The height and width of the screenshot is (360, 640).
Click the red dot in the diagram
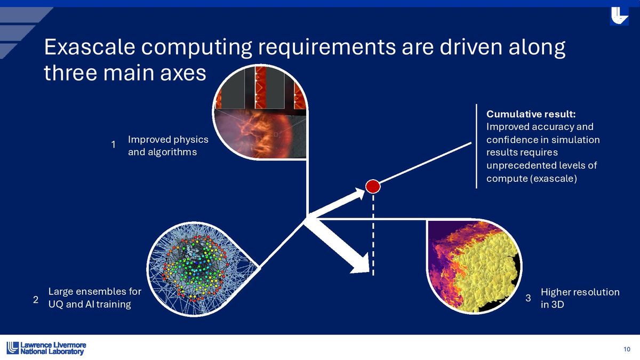pyautogui.click(x=373, y=186)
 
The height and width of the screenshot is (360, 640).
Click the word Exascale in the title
pyautogui.click(x=90, y=47)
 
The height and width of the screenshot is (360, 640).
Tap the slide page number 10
pyautogui.click(x=627, y=349)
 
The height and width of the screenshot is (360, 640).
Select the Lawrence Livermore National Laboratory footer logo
pyautogui.click(x=46, y=348)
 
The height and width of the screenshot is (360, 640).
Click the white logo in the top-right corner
pyautogui.click(x=619, y=16)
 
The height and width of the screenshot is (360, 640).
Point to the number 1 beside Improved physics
pyautogui.click(x=114, y=145)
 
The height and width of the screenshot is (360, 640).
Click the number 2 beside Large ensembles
pyautogui.click(x=35, y=299)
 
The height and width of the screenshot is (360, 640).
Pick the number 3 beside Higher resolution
pyautogui.click(x=529, y=298)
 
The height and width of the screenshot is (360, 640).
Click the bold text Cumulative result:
pyautogui.click(x=531, y=114)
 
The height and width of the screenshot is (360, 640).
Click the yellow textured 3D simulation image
pyautogui.click(x=474, y=266)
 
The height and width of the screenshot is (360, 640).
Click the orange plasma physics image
pyautogui.click(x=260, y=113)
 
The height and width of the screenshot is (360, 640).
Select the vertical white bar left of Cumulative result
pyautogui.click(x=476, y=146)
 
